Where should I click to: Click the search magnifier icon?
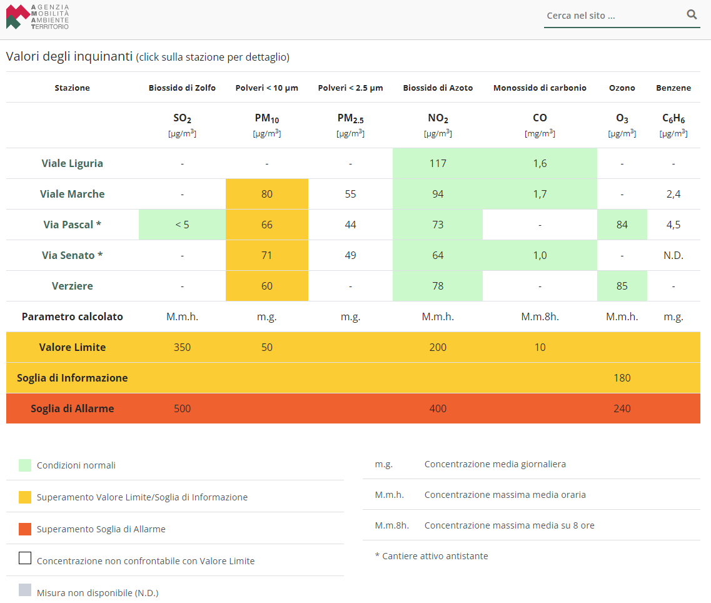coord(692,14)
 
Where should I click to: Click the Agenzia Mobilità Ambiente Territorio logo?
coord(37,17)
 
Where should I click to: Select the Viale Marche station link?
coord(72,194)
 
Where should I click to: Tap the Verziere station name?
coord(72,286)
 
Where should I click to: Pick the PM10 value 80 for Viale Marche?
coord(266,194)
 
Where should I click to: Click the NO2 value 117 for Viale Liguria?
coord(438,163)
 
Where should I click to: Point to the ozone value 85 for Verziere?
coord(622,286)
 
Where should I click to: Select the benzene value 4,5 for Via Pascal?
coord(673,225)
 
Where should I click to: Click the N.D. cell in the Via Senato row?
coord(673,255)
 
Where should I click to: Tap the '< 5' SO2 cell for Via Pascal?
coord(183,225)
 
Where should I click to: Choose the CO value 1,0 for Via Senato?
coord(540,255)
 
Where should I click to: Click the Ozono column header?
coord(622,88)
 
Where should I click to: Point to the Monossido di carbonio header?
coord(540,88)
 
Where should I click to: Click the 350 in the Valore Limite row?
coord(183,347)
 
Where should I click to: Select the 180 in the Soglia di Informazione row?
coord(622,378)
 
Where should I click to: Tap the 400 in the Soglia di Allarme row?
coord(438,408)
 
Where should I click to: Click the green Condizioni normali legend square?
coord(25,465)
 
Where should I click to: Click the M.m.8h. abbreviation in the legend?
coord(392,525)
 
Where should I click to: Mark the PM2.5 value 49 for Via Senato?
coord(350,255)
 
